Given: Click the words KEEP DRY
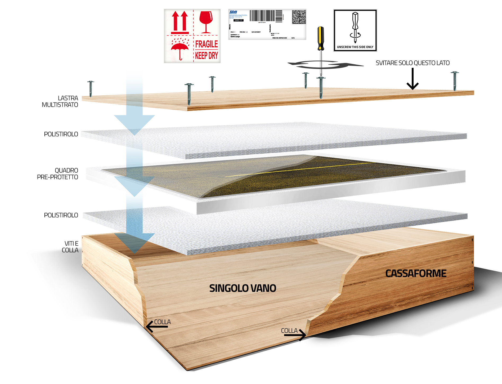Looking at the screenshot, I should (x=207, y=56).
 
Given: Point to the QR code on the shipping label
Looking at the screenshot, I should (x=299, y=17).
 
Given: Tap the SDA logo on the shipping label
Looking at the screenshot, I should (x=233, y=12).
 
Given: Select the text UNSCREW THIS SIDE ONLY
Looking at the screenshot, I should (x=355, y=47).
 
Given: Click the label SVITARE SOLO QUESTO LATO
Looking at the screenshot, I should (x=413, y=63).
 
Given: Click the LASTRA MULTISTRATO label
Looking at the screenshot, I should (x=60, y=101).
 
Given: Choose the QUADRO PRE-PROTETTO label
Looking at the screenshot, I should (x=58, y=174).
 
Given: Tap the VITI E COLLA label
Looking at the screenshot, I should (x=70, y=247).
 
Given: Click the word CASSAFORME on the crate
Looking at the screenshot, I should (x=416, y=273).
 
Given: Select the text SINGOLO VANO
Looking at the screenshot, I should (x=243, y=288).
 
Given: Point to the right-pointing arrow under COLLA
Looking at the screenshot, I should (x=295, y=335).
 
